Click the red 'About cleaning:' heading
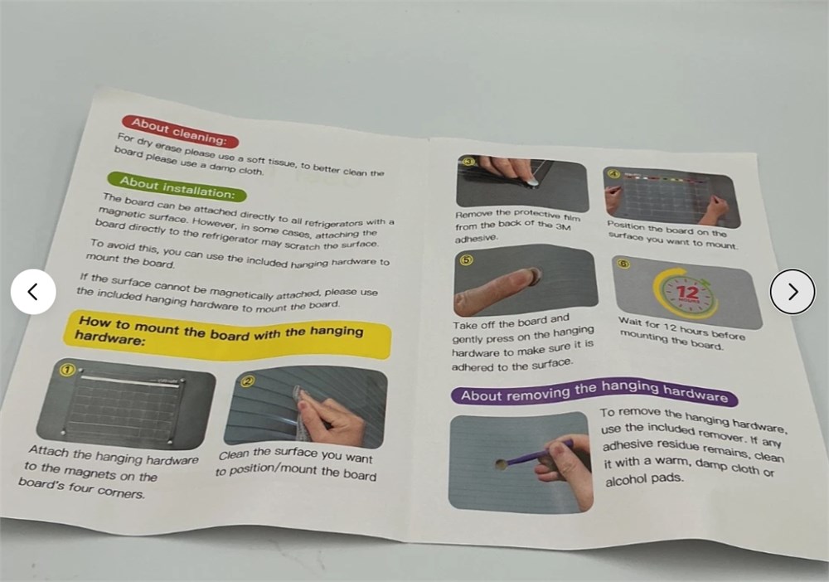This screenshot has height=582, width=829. point(180,132)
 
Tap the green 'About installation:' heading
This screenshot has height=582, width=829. point(177,187)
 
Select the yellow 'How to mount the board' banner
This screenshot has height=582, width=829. point(227,335)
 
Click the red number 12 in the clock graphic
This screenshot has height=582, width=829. point(688,293)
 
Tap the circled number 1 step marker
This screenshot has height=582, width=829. point(67,370)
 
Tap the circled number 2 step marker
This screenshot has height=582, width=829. point(248,381)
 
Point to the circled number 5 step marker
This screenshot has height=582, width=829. point(467,259)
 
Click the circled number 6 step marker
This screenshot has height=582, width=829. point(624,264)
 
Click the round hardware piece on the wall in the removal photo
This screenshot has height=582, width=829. point(501,464)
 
